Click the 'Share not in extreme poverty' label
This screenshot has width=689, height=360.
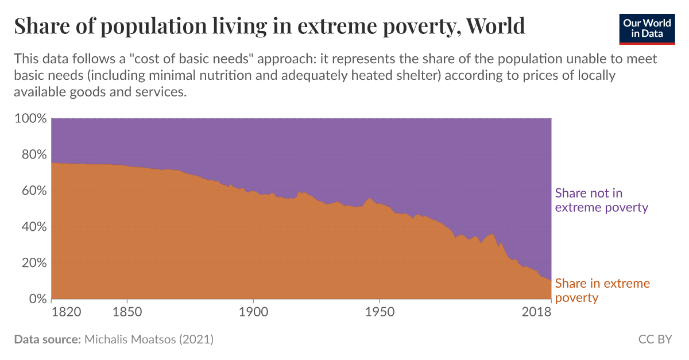coord(601,200)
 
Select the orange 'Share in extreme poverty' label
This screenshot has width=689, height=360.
coord(602,291)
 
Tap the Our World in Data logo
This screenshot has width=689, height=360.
coord(647,29)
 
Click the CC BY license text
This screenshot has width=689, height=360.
coord(655,339)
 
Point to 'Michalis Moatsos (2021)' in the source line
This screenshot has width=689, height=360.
coord(149,339)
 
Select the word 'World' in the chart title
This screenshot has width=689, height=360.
coord(496,26)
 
